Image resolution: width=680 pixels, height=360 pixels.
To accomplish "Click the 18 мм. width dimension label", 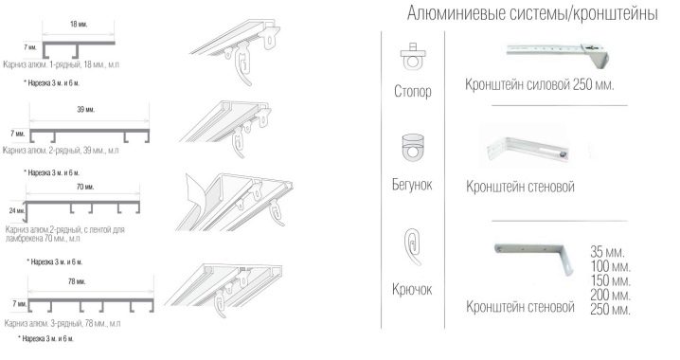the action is [x=79, y=25].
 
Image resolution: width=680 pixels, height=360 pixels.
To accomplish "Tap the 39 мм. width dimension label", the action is [x=86, y=109].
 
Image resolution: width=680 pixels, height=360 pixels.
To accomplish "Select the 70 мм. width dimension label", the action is [x=85, y=187].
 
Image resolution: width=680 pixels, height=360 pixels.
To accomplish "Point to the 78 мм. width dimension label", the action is [x=77, y=281].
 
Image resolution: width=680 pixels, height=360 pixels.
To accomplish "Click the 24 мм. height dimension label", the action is [x=17, y=211].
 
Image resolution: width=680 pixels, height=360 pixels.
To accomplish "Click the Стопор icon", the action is [x=412, y=57].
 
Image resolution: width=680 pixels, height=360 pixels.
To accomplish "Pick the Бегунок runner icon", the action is [x=413, y=148].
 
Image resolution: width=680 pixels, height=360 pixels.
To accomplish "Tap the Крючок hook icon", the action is [x=412, y=247].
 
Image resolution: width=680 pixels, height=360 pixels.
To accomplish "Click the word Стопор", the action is [x=412, y=92].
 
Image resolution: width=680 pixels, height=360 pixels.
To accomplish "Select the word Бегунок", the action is [x=412, y=185].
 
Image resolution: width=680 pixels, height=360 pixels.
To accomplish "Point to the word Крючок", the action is [x=412, y=289].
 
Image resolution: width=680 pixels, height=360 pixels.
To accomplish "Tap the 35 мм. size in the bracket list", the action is [x=607, y=252].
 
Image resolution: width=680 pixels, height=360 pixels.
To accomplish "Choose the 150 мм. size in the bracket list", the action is [x=610, y=280].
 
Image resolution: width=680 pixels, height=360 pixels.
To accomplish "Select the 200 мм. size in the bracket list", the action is [x=610, y=295].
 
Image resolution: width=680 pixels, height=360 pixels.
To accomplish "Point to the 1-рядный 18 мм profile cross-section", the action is [x=79, y=48].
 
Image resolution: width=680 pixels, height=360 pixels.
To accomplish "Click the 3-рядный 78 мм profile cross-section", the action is [x=91, y=305].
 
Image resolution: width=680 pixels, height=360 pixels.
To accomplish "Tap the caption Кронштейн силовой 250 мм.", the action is [x=540, y=84].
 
